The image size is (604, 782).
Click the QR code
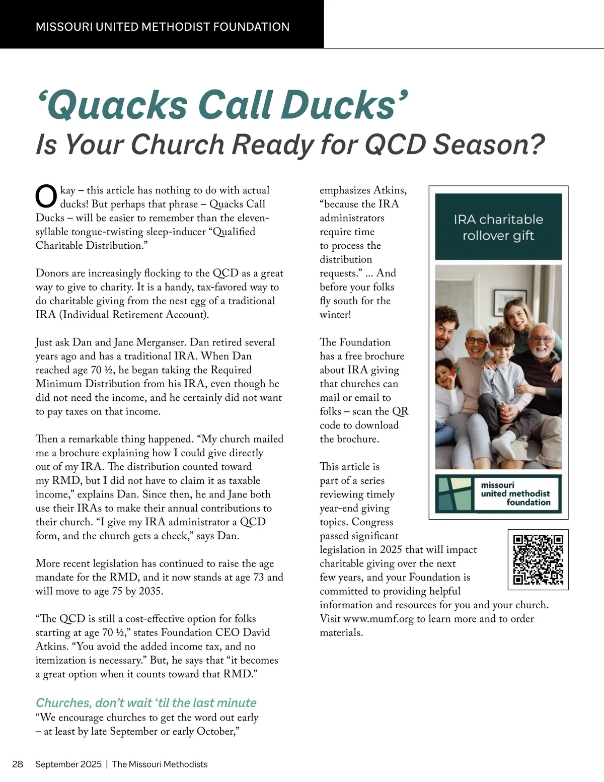(x=538, y=559)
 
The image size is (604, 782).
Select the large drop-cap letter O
(x=46, y=197)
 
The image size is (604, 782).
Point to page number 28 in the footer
(x=18, y=764)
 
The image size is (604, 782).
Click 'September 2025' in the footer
(x=68, y=764)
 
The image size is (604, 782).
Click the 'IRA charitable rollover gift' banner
(x=498, y=227)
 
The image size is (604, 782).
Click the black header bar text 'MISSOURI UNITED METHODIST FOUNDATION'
(x=163, y=27)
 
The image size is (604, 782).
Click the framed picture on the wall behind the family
(x=510, y=301)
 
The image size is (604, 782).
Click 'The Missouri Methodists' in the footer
(x=160, y=764)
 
